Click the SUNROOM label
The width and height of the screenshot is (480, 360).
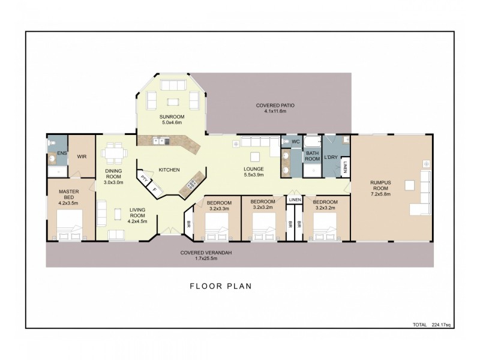click(171, 116)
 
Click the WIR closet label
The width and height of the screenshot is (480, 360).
click(82, 157)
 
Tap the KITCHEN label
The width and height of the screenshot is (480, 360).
click(169, 170)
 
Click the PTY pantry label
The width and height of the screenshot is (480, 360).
click(144, 179)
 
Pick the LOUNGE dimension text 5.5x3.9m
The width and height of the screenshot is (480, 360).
click(254, 175)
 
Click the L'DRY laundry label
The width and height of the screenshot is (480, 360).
click(331, 157)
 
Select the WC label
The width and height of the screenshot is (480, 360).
click(295, 142)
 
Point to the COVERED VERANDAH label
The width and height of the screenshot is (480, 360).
click(206, 252)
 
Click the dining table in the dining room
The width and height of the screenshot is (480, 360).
click(113, 154)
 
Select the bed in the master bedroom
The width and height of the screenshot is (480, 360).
click(70, 229)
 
